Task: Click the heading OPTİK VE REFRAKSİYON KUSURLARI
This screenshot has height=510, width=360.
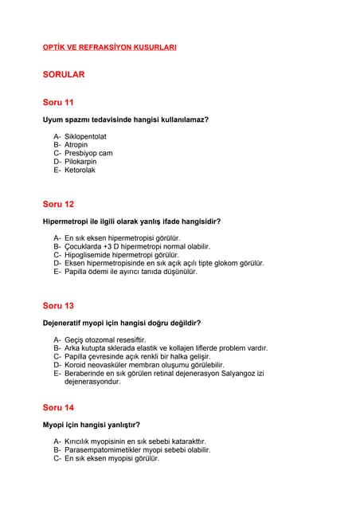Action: (109, 48)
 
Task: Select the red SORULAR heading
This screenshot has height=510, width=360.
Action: (64, 75)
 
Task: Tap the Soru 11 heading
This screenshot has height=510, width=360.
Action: (58, 103)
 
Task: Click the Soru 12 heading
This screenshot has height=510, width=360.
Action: (58, 204)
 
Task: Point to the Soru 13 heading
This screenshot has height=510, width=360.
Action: (58, 305)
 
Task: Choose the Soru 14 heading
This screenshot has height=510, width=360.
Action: (58, 406)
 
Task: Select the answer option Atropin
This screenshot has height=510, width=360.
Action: (76, 145)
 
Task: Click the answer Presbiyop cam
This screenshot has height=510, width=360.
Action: (88, 153)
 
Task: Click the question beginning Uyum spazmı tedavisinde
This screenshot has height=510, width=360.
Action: (126, 120)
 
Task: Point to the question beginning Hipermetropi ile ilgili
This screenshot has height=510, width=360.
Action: (131, 221)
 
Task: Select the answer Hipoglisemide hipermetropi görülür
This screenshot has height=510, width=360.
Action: (122, 254)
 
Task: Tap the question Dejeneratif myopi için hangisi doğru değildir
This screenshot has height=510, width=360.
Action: (121, 323)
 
